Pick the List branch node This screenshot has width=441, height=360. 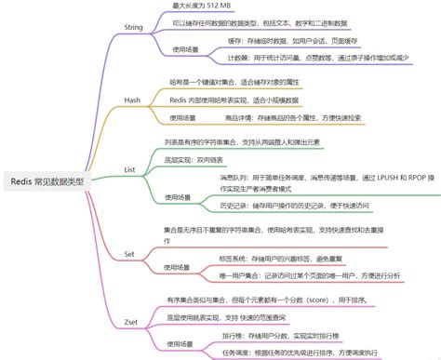130,170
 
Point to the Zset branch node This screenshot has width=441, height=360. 131,321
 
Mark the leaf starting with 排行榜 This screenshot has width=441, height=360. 280,335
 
